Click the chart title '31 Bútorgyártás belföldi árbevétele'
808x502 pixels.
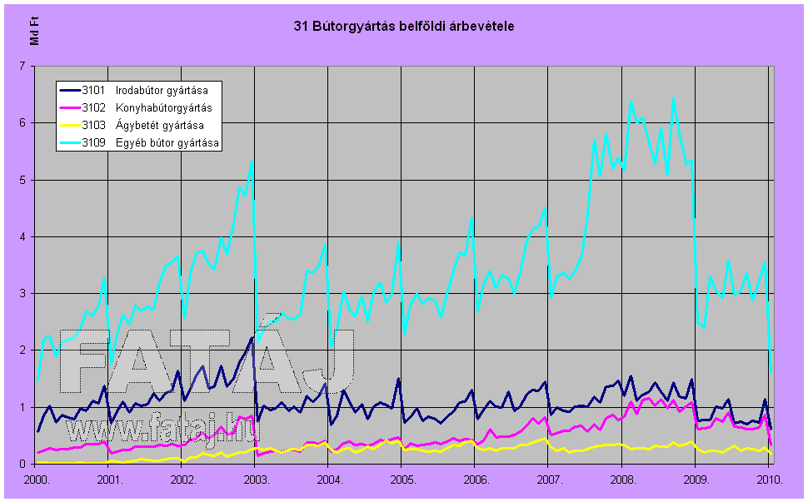click(404, 27)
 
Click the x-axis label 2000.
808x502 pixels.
click(37, 480)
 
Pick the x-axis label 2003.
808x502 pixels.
click(257, 480)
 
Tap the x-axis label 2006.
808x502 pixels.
click(476, 480)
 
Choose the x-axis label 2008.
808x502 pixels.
click(622, 480)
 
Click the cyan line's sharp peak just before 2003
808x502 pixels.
click(252, 161)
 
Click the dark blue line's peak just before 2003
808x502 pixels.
click(252, 337)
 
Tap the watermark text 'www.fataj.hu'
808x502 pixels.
click(162, 430)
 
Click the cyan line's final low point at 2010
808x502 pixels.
click(771, 372)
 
